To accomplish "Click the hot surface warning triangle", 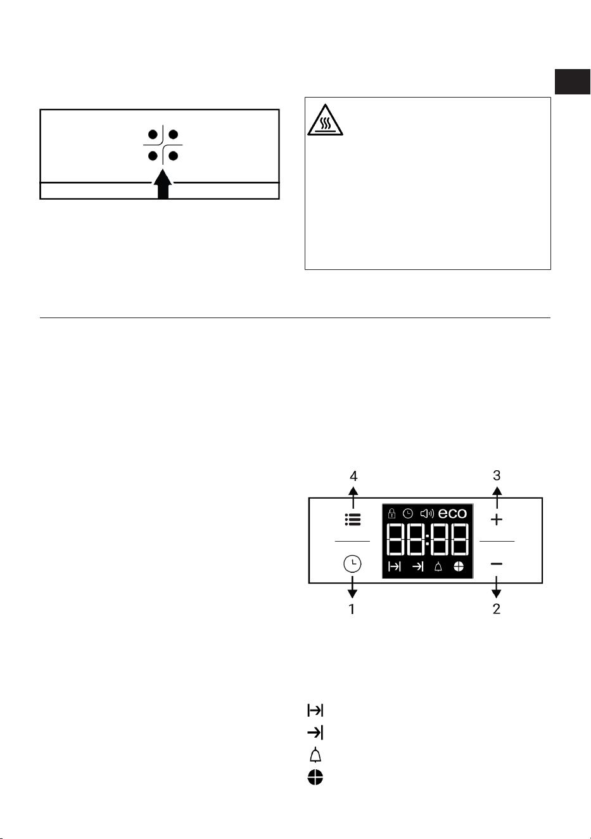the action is [x=325, y=120].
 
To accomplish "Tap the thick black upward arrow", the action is [x=163, y=184].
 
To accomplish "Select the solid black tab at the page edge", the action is [x=572, y=82].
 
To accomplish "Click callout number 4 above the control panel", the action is [x=353, y=476].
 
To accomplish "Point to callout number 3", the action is [x=497, y=475].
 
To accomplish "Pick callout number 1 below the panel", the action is [x=352, y=609].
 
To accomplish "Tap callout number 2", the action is [x=496, y=609].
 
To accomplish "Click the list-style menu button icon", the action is [x=353, y=520].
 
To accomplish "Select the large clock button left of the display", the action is [x=352, y=564].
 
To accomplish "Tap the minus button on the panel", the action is [x=496, y=564].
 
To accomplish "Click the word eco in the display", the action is [x=452, y=513].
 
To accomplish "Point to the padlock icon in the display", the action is [x=391, y=513].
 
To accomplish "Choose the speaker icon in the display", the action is [x=427, y=513].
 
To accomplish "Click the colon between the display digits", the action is [x=428, y=539].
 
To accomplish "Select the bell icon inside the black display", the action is [x=438, y=567].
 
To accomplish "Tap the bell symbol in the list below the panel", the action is [x=315, y=755].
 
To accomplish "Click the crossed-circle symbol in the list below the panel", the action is [x=315, y=778].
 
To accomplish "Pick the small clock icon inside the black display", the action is [x=407, y=513].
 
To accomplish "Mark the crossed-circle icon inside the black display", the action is [x=459, y=567].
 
